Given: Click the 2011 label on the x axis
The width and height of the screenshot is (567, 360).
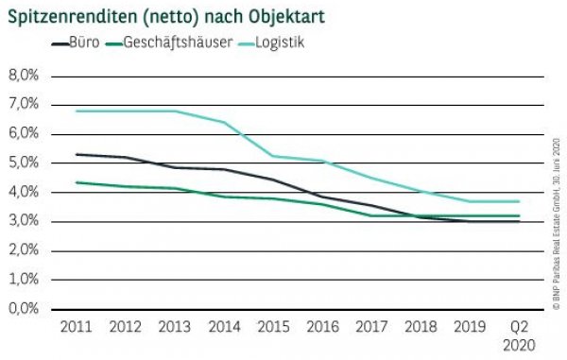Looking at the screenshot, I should coord(76,327).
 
